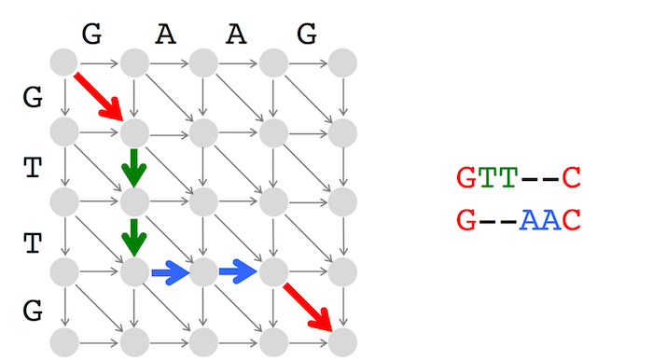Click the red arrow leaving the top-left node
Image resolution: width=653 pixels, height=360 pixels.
click(x=98, y=97)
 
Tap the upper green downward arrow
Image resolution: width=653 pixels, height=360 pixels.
click(x=134, y=168)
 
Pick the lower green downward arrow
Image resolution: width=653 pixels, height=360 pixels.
click(x=134, y=238)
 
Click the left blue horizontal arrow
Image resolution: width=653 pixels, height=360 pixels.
click(x=171, y=272)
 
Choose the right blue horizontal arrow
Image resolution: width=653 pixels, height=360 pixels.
click(x=238, y=271)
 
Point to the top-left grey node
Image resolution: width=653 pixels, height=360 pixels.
click(x=63, y=62)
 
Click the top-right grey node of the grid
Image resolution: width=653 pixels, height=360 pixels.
click(x=342, y=62)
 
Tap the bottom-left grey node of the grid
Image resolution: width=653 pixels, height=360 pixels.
click(x=64, y=342)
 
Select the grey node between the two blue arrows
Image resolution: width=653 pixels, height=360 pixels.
click(x=203, y=271)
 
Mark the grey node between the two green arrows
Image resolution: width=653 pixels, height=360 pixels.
click(x=134, y=201)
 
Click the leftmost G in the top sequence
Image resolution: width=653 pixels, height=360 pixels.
click(x=91, y=34)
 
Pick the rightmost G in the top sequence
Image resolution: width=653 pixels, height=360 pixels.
click(x=307, y=34)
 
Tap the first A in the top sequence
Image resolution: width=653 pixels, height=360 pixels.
click(x=165, y=35)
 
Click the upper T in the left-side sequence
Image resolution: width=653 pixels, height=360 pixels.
click(x=33, y=168)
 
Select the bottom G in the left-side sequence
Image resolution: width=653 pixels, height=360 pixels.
click(x=33, y=311)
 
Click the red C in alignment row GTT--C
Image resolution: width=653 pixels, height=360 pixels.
click(x=571, y=178)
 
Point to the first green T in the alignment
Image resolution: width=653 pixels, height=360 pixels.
click(x=487, y=178)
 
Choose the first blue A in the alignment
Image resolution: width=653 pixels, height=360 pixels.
click(x=529, y=220)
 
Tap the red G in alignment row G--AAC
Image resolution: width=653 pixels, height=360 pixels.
click(x=466, y=220)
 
